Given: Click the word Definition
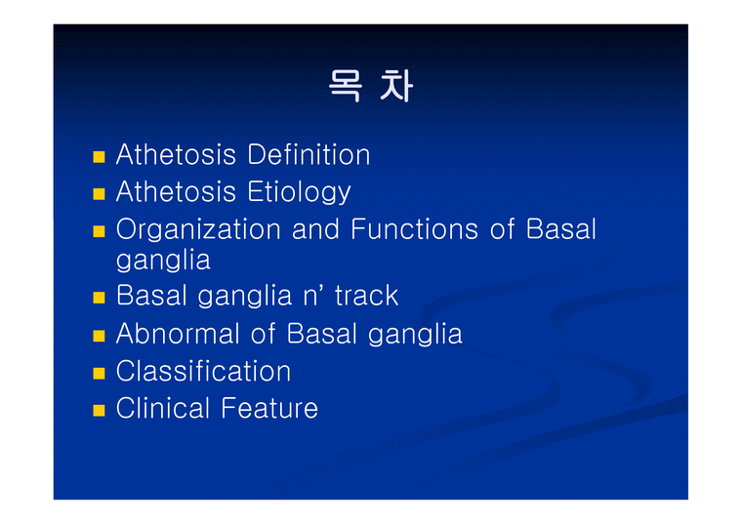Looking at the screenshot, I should coord(309,155).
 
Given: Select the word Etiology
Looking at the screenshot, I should coord(299,192).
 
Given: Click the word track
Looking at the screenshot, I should coord(366,296).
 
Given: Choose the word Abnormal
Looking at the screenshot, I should coord(178,334).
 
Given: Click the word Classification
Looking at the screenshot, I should coord(203,372).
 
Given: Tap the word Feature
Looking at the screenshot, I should coord(269,408).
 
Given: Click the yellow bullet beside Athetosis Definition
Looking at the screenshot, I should coord(98,156).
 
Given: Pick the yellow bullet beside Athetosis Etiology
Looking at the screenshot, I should coord(98,193).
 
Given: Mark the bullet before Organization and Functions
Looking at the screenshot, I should coord(98,231).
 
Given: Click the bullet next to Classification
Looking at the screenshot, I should coord(98,373).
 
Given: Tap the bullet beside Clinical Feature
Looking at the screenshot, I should coord(98,409).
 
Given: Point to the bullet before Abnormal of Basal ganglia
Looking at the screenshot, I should coord(98,335).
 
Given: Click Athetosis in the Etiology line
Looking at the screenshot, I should coord(177,192).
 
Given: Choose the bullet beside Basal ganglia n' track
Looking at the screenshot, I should coord(98,297).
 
